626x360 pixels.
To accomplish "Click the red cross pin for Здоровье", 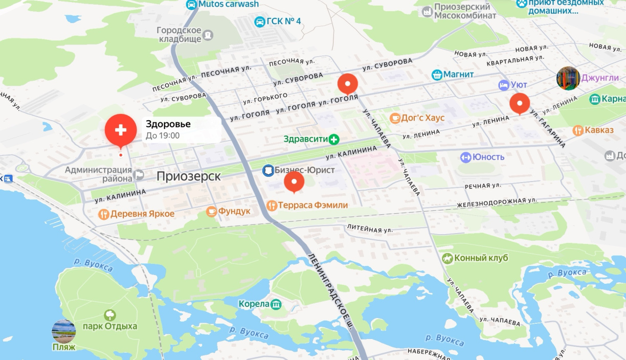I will click(x=121, y=130).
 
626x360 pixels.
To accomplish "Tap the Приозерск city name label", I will click(x=189, y=176).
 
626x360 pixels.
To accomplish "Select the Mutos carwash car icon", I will click(x=191, y=5).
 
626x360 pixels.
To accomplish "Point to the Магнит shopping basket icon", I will click(x=437, y=75).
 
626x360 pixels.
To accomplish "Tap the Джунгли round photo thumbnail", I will click(x=568, y=78).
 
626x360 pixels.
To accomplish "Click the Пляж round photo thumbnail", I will click(x=64, y=331).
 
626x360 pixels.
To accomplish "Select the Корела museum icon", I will click(x=276, y=304).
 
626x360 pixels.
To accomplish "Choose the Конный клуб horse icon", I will click(x=448, y=258).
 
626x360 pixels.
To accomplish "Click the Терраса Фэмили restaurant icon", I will click(x=272, y=205).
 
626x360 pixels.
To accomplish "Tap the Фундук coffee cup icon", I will click(x=211, y=211).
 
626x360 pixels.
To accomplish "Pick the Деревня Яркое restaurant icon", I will click(x=104, y=214).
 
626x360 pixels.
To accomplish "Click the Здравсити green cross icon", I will click(x=334, y=139).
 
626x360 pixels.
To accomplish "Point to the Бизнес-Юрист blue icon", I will click(x=267, y=170).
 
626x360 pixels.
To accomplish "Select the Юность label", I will click(x=488, y=157).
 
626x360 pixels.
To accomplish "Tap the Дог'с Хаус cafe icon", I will click(x=395, y=118).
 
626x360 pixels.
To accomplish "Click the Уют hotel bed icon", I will click(x=504, y=84).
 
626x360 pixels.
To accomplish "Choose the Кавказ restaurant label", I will click(x=599, y=130).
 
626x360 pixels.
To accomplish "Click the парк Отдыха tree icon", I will click(x=110, y=314).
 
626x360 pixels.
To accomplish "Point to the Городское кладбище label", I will click(x=179, y=35).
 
